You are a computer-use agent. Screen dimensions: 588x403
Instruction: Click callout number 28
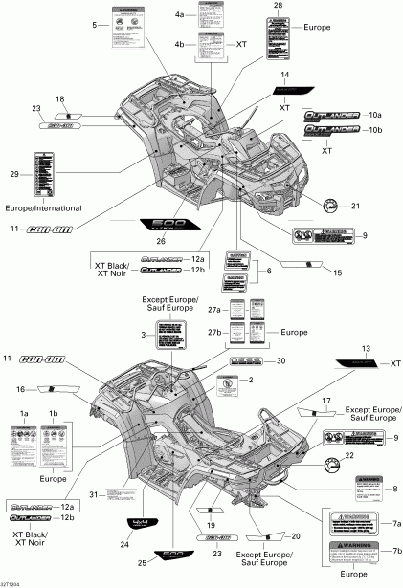click(x=279, y=6)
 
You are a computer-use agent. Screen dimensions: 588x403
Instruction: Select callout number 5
click(x=95, y=23)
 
